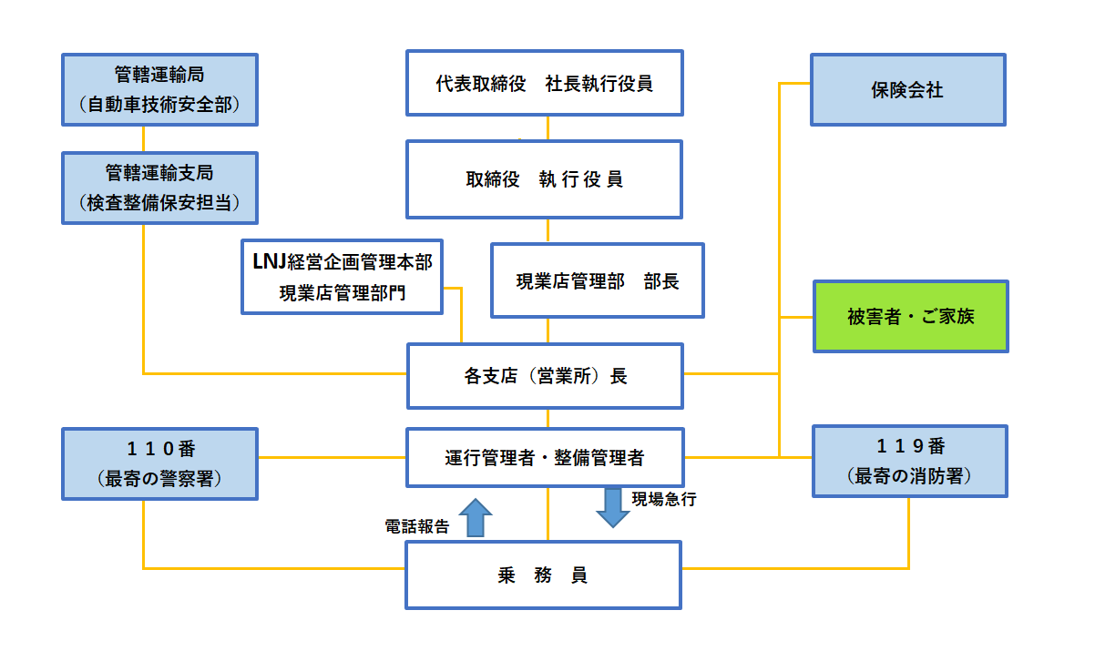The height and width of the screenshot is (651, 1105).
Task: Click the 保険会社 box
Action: pyautogui.click(x=907, y=90)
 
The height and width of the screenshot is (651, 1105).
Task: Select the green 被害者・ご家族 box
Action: pyautogui.click(x=911, y=317)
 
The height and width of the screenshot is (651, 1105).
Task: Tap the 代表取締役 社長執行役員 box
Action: pyautogui.click(x=545, y=83)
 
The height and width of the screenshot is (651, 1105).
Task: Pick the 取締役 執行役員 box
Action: pyautogui.click(x=545, y=179)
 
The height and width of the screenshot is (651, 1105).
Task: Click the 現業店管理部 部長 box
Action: pyautogui.click(x=598, y=280)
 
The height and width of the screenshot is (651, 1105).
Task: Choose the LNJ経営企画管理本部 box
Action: pyautogui.click(x=342, y=277)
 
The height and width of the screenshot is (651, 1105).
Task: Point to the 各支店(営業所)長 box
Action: pyautogui.click(x=545, y=376)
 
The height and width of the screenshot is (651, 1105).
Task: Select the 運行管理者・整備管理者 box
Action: pyautogui.click(x=545, y=458)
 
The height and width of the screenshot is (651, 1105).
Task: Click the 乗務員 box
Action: pyautogui.click(x=543, y=575)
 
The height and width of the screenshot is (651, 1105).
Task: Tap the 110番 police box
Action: pyautogui.click(x=159, y=464)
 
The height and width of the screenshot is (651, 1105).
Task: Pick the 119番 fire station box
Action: pyautogui.click(x=910, y=462)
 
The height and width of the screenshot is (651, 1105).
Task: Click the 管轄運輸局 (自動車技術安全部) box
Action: pyautogui.click(x=159, y=90)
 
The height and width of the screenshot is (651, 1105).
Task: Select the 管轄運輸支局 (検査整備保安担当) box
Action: pyautogui.click(x=159, y=188)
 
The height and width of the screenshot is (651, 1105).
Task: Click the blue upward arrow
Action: pyautogui.click(x=476, y=518)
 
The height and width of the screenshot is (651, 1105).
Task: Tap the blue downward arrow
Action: pyautogui.click(x=613, y=508)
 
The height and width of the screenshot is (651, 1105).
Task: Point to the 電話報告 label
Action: pyautogui.click(x=417, y=526)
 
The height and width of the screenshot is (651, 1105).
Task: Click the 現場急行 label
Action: pyautogui.click(x=664, y=499)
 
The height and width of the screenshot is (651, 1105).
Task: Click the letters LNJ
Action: pyautogui.click(x=270, y=262)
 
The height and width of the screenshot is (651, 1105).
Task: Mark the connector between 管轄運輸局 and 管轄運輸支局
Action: pyautogui.click(x=144, y=139)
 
